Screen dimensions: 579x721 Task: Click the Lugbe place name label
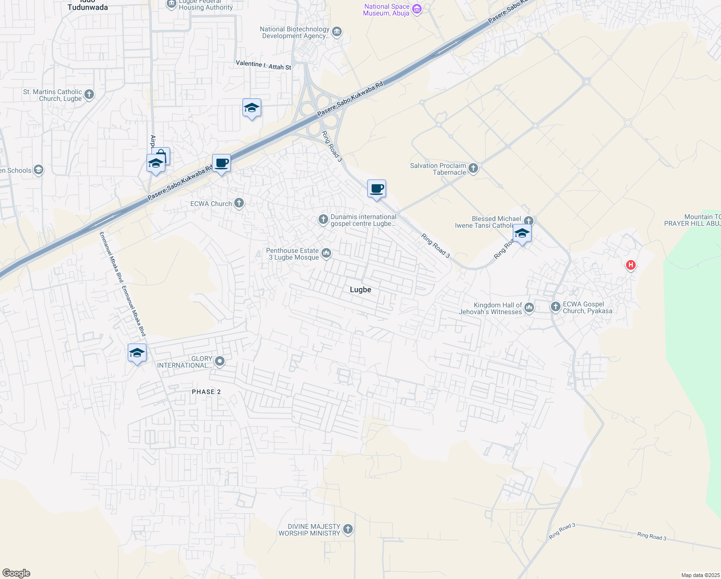point(360,289)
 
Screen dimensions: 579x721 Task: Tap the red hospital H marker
point(630,265)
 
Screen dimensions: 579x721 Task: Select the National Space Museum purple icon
point(417,9)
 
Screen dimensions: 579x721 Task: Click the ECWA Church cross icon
point(239,203)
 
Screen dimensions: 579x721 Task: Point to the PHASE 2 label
point(206,392)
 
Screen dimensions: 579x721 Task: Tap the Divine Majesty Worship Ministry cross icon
point(347,529)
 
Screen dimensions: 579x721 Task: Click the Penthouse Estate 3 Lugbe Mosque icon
point(326,253)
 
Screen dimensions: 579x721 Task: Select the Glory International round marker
point(220,361)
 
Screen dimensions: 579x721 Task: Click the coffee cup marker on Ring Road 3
point(376,188)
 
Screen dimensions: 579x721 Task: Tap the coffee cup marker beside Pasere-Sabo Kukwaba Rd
point(221,163)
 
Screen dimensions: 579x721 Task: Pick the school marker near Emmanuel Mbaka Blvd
point(137,353)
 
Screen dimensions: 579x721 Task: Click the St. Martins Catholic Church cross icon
point(89,95)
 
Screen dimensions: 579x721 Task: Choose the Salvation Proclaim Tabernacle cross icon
point(473,168)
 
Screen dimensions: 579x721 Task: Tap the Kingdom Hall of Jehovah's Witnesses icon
point(529,308)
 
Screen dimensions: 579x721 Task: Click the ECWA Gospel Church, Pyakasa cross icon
point(556,307)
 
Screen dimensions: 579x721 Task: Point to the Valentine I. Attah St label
point(263,65)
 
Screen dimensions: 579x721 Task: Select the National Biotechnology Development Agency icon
point(337,32)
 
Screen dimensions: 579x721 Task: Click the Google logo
point(16,573)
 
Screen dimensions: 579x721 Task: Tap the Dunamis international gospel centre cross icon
point(323,220)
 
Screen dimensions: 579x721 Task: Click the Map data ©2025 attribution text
point(700,575)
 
